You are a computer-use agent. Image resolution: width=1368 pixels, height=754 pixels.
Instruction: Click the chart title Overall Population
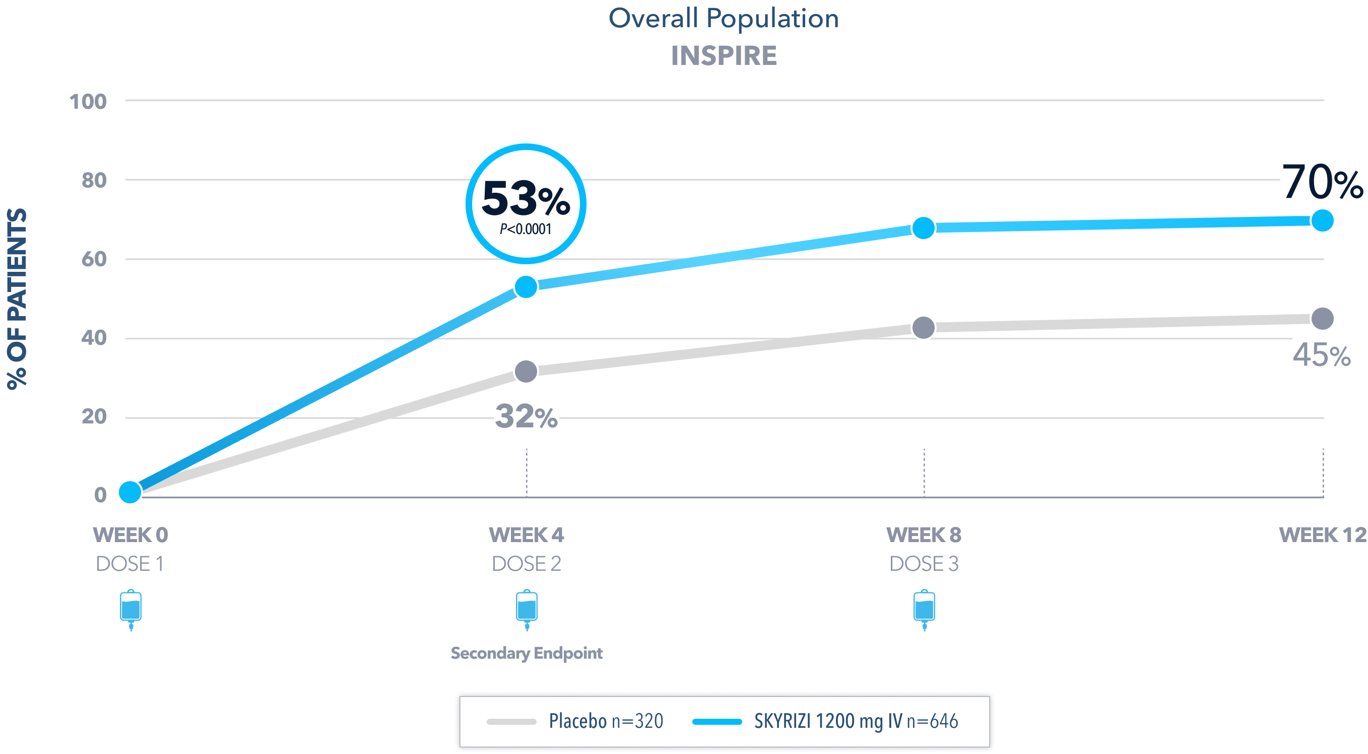(723, 19)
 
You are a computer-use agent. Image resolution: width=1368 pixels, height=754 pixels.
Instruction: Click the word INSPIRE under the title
(723, 56)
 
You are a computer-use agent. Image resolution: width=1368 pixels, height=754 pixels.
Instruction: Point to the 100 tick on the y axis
(88, 101)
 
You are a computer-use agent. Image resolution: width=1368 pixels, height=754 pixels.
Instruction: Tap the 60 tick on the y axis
(94, 259)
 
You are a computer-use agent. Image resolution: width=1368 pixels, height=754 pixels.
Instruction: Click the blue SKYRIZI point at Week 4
(526, 287)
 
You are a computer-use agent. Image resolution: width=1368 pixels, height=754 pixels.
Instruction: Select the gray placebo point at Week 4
(526, 371)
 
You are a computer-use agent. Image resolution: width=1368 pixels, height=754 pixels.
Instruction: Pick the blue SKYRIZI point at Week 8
(924, 228)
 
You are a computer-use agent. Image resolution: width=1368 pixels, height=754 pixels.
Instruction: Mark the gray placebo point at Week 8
(924, 327)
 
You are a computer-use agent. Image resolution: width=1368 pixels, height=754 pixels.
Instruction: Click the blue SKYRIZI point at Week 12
(1322, 220)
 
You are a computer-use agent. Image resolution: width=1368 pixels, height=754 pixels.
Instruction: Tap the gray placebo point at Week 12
(1322, 319)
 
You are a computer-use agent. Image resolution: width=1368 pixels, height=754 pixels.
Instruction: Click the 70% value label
(1322, 183)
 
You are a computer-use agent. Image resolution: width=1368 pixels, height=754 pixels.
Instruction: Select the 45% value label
(1322, 355)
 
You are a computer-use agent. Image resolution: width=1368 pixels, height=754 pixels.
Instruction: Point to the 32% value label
(526, 417)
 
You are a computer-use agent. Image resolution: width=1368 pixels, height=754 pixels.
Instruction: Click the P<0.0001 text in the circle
(526, 229)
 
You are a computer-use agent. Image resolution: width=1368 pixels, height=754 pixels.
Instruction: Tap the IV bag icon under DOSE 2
(527, 609)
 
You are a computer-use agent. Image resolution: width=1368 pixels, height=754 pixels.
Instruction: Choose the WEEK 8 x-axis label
(924, 535)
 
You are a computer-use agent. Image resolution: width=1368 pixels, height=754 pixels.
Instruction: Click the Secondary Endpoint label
(526, 653)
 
